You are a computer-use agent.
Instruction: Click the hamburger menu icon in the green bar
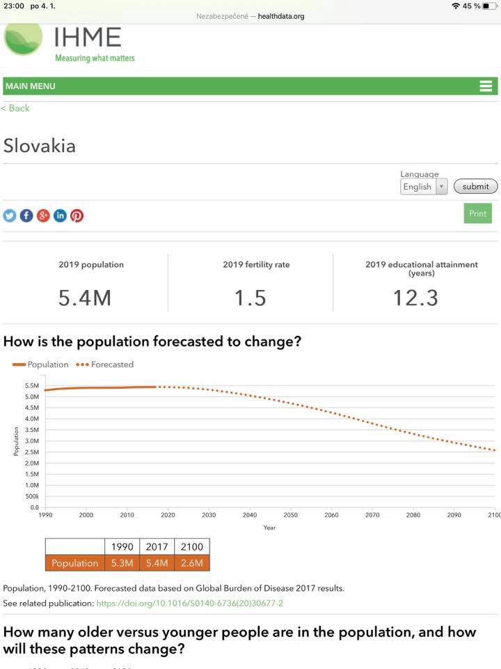tap(486, 86)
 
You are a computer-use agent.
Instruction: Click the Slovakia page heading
tap(40, 146)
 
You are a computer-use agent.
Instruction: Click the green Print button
tap(477, 213)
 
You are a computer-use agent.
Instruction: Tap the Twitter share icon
tap(10, 216)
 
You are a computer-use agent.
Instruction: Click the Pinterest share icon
tap(77, 216)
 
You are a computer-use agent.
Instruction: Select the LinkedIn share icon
tap(60, 216)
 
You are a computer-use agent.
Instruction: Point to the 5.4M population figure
tap(85, 298)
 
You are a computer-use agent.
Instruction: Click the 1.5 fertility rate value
tap(250, 298)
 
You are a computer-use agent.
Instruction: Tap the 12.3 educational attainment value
tap(415, 298)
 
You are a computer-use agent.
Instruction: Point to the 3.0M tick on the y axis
tap(31, 441)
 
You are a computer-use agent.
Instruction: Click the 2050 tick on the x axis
tap(290, 515)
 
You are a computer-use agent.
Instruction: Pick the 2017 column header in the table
tap(157, 547)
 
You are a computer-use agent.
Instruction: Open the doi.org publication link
tap(189, 603)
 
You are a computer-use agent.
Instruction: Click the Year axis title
tap(269, 528)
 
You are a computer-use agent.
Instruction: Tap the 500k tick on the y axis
tap(32, 496)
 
